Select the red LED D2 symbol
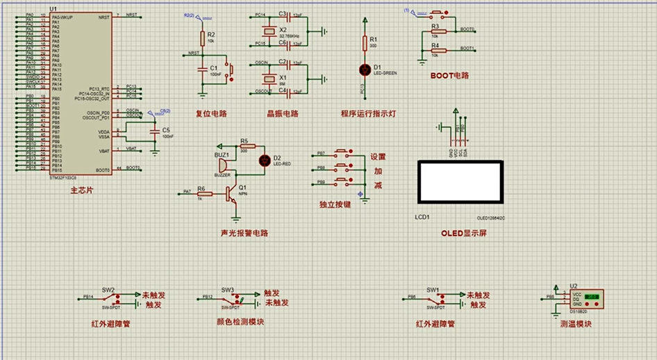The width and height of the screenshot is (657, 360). (263, 160)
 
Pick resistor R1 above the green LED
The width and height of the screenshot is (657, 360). (364, 42)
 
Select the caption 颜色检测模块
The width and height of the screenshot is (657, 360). (241, 322)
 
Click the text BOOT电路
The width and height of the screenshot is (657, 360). (449, 76)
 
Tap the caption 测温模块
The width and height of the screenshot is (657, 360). (575, 324)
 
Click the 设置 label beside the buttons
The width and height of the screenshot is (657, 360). (377, 156)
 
